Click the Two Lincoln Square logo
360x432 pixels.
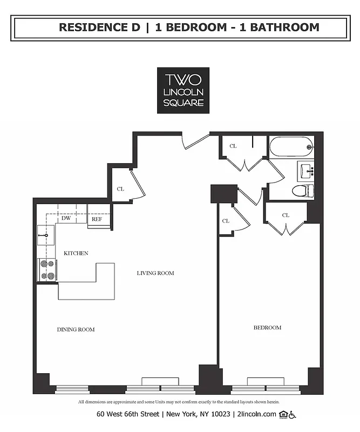183,90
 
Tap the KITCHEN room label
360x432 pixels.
76,253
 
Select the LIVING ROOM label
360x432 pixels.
155,273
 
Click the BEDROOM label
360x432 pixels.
267,328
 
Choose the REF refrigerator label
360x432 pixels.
97,219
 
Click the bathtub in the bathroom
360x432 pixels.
290,146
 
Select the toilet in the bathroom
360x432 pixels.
302,190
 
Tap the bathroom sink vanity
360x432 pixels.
306,171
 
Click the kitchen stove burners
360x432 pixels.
47,270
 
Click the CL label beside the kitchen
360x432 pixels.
121,189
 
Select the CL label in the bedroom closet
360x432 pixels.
286,215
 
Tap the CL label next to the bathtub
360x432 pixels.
233,146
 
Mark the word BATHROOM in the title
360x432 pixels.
284,27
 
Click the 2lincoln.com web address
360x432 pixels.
256,414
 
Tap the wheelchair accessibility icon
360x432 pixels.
293,414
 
